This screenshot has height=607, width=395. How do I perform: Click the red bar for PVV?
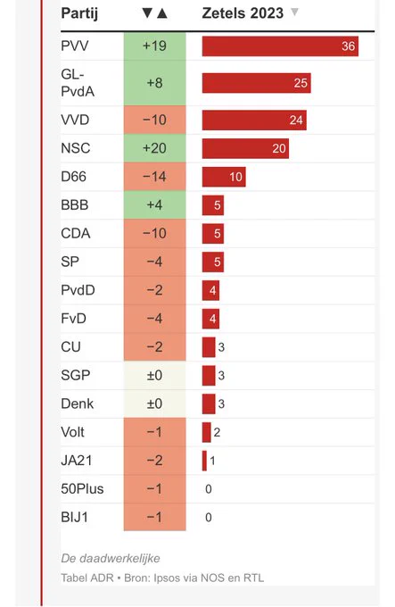(x=280, y=46)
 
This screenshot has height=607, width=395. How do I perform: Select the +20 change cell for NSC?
(x=154, y=148)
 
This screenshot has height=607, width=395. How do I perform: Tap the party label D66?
(x=73, y=177)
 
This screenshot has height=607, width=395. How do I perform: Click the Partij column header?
(x=79, y=14)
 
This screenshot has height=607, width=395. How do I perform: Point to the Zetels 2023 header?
(x=243, y=13)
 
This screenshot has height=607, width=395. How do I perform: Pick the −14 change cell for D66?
(x=154, y=177)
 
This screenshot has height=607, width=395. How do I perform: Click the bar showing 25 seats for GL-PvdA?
(x=257, y=83)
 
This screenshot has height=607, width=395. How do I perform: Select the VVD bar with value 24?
(x=254, y=120)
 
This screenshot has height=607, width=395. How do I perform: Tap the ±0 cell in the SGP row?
(x=154, y=376)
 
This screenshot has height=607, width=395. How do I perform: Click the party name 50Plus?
(x=82, y=489)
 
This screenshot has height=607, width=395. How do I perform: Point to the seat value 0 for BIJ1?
(x=209, y=518)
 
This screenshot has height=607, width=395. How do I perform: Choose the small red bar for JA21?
(x=204, y=461)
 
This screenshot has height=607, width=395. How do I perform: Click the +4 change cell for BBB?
(x=154, y=205)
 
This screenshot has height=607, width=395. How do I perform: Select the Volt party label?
(x=72, y=432)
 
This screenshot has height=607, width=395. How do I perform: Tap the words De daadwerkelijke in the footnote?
(x=111, y=558)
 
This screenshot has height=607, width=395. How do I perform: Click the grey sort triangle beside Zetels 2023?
(x=294, y=12)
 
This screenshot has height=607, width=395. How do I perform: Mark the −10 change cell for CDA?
(x=154, y=234)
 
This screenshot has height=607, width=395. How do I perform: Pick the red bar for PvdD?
(x=210, y=290)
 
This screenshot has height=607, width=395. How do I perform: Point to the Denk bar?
(x=209, y=403)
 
